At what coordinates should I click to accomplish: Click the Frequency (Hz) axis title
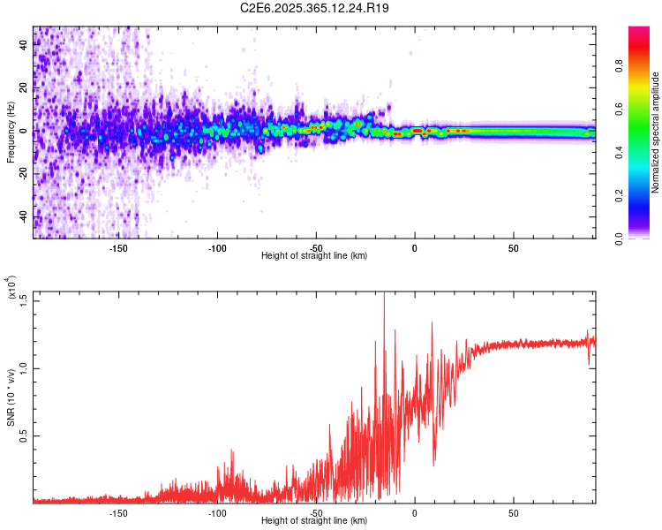(x=10, y=132)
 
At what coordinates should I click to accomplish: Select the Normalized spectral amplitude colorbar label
(x=656, y=132)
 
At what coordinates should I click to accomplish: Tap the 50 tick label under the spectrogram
(x=513, y=247)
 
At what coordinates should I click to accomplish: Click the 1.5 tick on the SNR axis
(x=23, y=299)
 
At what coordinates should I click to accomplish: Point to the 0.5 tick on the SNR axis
(x=23, y=435)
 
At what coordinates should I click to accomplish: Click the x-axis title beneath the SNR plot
(x=315, y=521)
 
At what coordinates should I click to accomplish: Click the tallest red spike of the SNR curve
(x=384, y=297)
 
